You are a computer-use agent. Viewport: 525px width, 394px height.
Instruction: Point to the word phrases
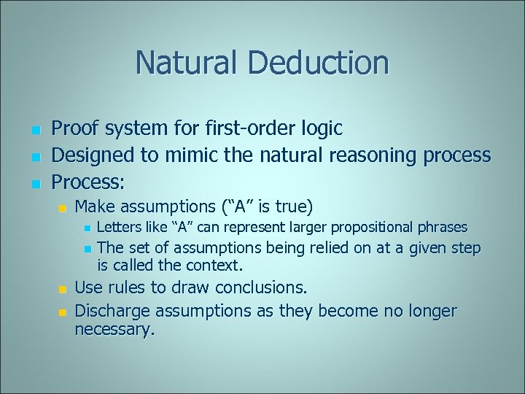coord(442,228)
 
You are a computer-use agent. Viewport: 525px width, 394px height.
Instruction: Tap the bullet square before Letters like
coord(87,228)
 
